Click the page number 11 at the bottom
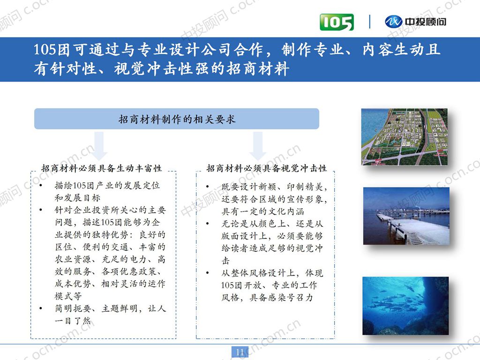pyautogui.click(x=240, y=352)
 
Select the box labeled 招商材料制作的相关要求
pyautogui.click(x=177, y=119)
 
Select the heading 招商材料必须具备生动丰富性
pyautogui.click(x=102, y=168)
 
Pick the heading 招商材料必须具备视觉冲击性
pyautogui.click(x=267, y=168)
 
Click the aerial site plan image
pyautogui.click(x=404, y=136)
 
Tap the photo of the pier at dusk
pyautogui.click(x=406, y=216)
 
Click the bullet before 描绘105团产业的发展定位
pyautogui.click(x=42, y=186)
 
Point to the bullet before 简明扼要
pyautogui.click(x=42, y=309)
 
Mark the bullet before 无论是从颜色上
pyautogui.click(x=207, y=224)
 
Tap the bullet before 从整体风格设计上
pyautogui.click(x=207, y=273)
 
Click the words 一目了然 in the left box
pyautogui.click(x=73, y=321)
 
